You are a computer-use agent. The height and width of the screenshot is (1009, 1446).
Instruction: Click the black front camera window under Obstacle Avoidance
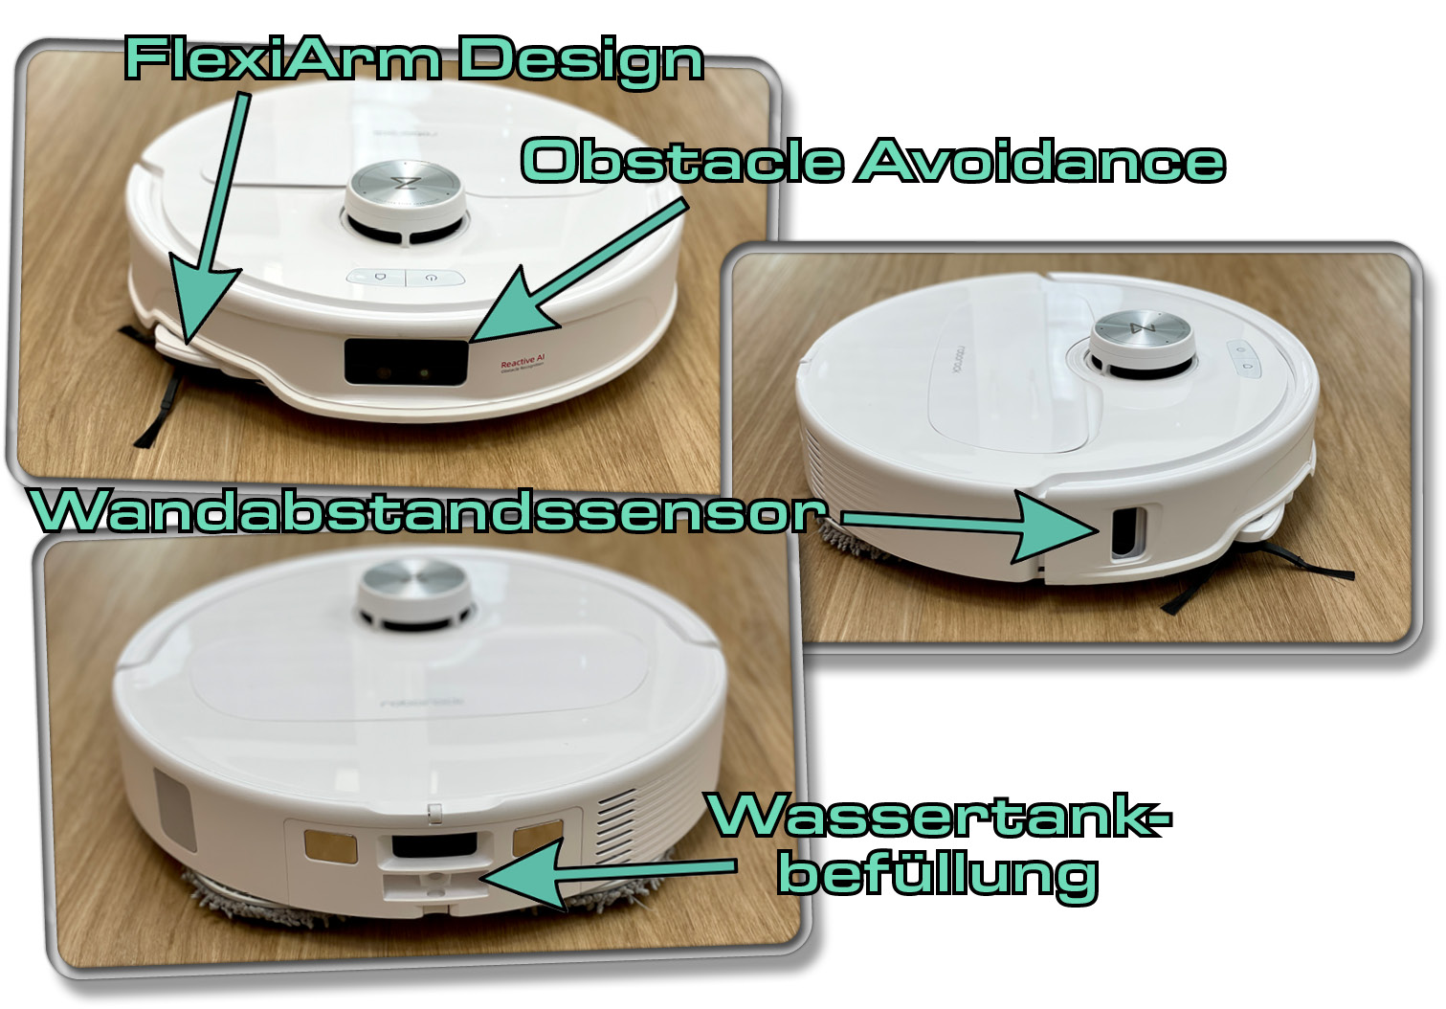click(x=407, y=361)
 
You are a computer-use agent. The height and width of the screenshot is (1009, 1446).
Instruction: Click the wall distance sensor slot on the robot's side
click(x=1123, y=531)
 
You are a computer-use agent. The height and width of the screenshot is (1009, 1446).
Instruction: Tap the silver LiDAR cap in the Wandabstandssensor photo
click(x=1144, y=331)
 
